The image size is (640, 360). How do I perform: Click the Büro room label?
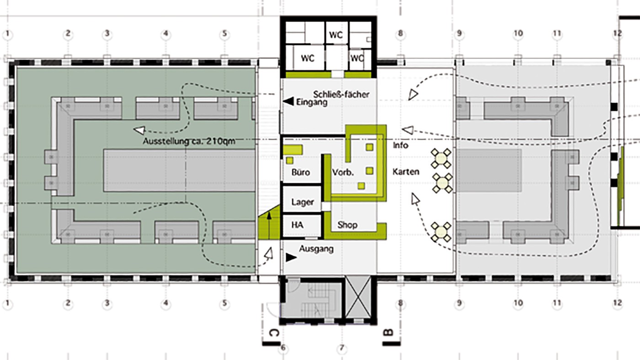point(301,172)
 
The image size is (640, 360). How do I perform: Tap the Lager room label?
point(303,202)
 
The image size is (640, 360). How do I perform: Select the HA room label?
point(297,225)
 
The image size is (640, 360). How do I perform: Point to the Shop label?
point(347,225)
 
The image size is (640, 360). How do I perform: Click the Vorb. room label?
point(343,172)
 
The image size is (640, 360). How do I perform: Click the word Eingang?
point(312,102)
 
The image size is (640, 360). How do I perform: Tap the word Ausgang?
point(316,249)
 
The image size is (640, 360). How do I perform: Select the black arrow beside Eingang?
point(288,101)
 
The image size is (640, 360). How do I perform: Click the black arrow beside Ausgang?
point(291,258)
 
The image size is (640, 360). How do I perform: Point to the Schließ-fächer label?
point(341,94)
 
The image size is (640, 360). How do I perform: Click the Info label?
point(400,145)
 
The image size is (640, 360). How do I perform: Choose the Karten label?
point(406,172)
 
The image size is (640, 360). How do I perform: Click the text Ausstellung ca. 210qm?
point(189,141)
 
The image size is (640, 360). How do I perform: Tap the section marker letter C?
point(274,333)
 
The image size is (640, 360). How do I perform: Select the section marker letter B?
point(388,333)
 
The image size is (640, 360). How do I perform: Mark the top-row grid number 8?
point(400,34)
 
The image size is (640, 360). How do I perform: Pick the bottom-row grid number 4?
point(165,303)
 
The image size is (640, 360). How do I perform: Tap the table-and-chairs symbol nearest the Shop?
point(441,232)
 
